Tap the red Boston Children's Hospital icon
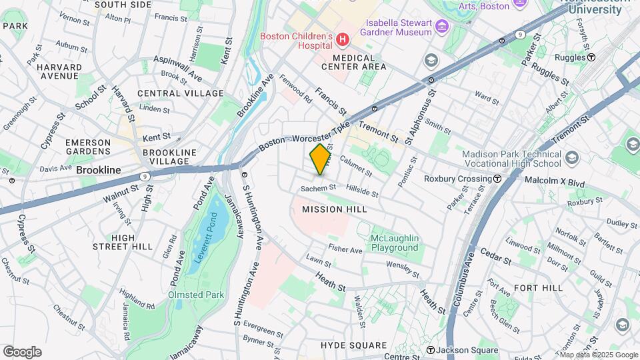pyautogui.click(x=343, y=41)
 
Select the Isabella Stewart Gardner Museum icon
pyautogui.click(x=442, y=27)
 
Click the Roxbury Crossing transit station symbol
pyautogui.click(x=497, y=179)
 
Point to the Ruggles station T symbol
pyautogui.click(x=591, y=57)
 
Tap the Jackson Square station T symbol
pyautogui.click(x=431, y=351)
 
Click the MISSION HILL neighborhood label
pyautogui.click(x=335, y=209)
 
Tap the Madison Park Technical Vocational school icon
pyautogui.click(x=571, y=158)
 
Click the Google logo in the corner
pyautogui.click(x=21, y=352)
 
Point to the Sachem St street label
pyautogui.click(x=317, y=189)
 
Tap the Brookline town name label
pyautogui.click(x=99, y=170)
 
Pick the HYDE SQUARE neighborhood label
pyautogui.click(x=353, y=345)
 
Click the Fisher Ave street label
pyautogui.click(x=345, y=250)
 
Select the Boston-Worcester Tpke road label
pyautogui.click(x=304, y=136)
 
